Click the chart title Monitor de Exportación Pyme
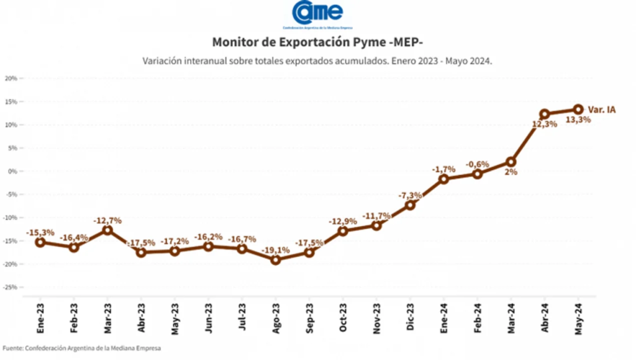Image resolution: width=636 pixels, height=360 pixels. tap(317, 42)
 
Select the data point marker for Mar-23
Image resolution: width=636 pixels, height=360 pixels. tap(107, 230)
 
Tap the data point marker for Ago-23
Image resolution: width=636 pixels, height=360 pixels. tap(276, 260)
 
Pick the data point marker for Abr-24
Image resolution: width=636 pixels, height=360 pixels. tap(545, 114)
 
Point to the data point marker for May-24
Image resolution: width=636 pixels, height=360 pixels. tap(578, 109)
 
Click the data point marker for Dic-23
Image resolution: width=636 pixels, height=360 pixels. tap(410, 205)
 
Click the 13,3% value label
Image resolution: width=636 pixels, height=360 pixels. tap(578, 120)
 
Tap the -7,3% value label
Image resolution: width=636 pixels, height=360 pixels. tap(410, 194)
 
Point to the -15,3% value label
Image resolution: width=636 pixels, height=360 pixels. tap(40, 232)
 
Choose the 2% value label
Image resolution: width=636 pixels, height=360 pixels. tap(511, 172)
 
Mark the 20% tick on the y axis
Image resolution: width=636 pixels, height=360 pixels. tap(11, 78)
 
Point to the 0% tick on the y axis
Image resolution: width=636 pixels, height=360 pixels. tap(12, 171)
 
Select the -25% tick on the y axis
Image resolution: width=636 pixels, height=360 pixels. tap(9, 287)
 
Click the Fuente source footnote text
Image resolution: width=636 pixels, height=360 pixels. tap(81, 348)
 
